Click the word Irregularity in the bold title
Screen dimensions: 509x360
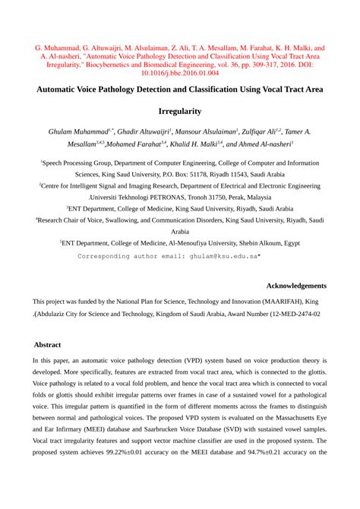(x=179, y=111)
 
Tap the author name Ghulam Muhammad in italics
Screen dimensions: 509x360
(x=77, y=131)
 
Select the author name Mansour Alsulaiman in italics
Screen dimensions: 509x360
(x=208, y=131)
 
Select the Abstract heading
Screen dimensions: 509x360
(x=48, y=344)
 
